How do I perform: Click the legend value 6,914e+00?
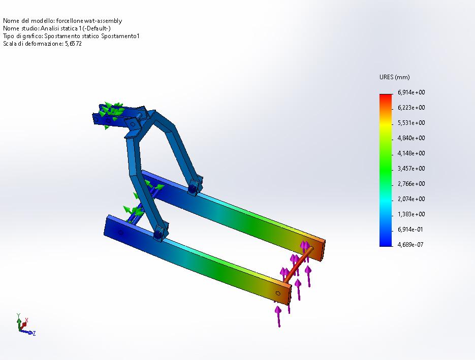[411, 92]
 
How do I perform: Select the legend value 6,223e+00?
[411, 108]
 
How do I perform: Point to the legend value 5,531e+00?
[411, 123]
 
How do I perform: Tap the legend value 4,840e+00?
[411, 138]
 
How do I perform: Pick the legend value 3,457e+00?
[411, 169]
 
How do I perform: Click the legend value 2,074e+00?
[411, 199]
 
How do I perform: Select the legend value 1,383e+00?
[411, 214]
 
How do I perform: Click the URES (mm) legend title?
[394, 77]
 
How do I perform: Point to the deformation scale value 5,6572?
[73, 44]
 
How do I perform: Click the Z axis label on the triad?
[34, 333]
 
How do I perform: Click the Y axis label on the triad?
[18, 315]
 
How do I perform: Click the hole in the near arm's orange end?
[277, 293]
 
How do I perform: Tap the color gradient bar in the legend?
[386, 170]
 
